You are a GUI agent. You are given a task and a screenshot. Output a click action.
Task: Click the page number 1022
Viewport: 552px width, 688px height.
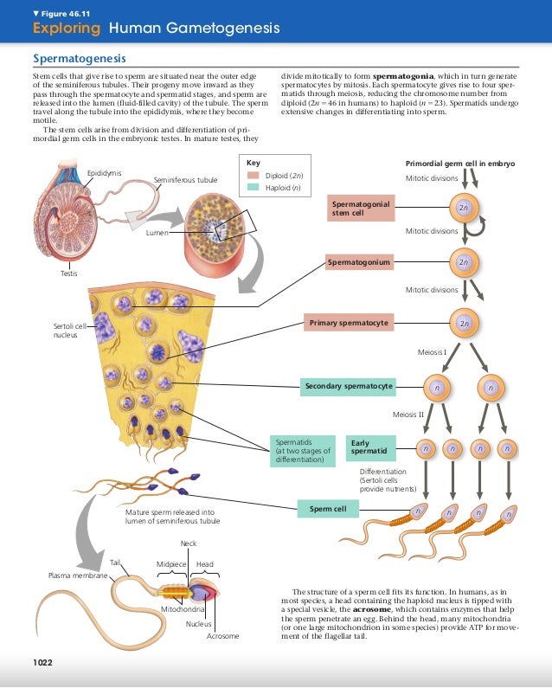tap(43, 663)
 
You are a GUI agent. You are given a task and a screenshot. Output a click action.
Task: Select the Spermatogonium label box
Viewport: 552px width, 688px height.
tap(361, 260)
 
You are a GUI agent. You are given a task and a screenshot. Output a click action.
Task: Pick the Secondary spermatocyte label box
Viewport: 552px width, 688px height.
tap(348, 385)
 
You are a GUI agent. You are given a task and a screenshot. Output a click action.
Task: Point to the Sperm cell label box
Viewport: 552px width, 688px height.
tap(328, 509)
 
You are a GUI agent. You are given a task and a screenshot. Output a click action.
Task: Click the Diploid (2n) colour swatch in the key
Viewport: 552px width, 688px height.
tap(254, 175)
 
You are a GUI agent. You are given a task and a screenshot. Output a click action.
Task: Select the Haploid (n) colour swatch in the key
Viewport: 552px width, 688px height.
tap(254, 186)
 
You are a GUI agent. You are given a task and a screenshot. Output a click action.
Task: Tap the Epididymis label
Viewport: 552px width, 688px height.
tap(104, 174)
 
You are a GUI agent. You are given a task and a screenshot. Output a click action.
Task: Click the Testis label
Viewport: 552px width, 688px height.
tap(69, 273)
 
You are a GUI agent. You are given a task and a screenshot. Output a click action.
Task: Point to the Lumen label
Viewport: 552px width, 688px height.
tap(157, 233)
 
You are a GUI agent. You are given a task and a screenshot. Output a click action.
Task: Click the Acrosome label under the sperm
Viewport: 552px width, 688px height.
tap(222, 636)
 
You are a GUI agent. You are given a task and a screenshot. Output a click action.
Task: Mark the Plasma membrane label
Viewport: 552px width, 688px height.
tap(77, 575)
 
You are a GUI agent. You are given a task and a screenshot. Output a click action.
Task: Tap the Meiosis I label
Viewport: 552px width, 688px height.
tap(432, 352)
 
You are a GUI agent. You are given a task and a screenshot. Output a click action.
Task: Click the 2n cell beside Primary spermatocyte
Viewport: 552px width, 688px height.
tap(465, 324)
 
